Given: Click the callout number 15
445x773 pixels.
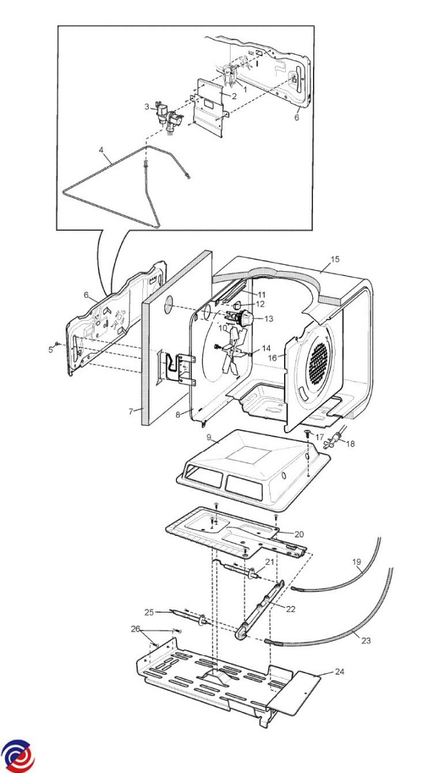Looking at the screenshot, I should pyautogui.click(x=335, y=260).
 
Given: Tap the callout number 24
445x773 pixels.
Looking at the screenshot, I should pyautogui.click(x=339, y=672).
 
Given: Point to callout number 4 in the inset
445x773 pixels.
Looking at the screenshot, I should pyautogui.click(x=101, y=150).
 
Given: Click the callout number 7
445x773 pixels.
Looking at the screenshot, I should pyautogui.click(x=131, y=410).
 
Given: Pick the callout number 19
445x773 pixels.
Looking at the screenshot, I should pyautogui.click(x=357, y=562).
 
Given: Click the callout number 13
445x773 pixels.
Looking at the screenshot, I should pyautogui.click(x=269, y=318).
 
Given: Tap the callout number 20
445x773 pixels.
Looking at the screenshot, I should pyautogui.click(x=299, y=534).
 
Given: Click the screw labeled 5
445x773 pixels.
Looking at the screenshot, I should pyautogui.click(x=58, y=345).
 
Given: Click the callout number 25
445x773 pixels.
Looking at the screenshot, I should pyautogui.click(x=149, y=611).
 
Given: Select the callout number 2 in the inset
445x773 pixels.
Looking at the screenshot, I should pyautogui.click(x=234, y=96).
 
